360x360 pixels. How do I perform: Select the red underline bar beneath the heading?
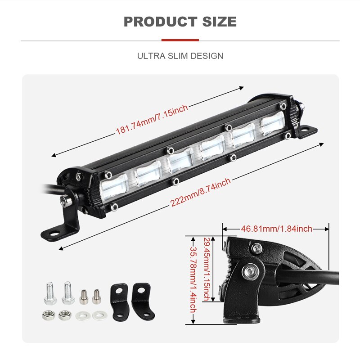point(180,40)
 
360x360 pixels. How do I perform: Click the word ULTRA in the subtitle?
point(149,56)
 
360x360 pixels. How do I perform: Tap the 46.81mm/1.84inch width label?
point(276,229)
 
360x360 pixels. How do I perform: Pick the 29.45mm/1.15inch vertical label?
point(207,269)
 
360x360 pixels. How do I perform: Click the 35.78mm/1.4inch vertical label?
point(193,279)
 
